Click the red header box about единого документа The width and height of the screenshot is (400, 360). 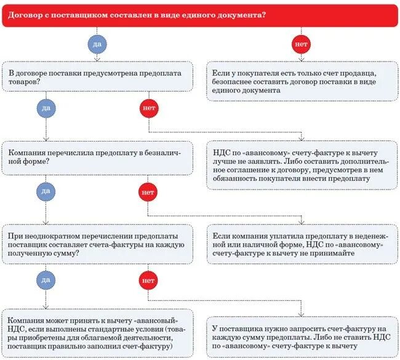coord(199,14)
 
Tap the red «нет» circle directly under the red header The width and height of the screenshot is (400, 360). coord(301,44)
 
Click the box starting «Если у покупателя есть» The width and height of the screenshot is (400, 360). coord(301,81)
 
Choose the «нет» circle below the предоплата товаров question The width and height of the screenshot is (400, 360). coord(148,108)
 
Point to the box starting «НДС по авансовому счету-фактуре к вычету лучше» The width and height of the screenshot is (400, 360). coord(301,164)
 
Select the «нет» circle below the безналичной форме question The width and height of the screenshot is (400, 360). coord(148,192)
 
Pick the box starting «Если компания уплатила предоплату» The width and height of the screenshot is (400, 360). coord(301,244)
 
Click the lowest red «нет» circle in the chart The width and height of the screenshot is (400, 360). coord(148,280)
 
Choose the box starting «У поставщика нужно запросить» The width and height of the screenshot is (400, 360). coord(301,333)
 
